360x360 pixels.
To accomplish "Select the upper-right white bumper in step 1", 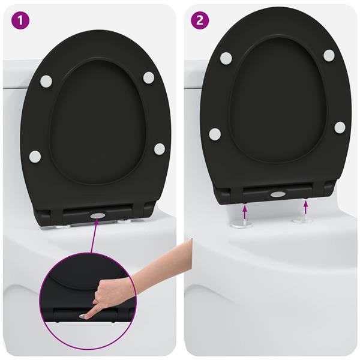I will (148, 77).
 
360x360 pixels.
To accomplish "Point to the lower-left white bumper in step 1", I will (35, 157).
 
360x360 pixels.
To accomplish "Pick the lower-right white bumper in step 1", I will (159, 148).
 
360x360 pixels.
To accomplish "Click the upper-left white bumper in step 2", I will (226, 58).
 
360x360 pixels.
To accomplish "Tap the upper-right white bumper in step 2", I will (329, 55).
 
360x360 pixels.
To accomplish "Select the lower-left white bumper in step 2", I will (215, 134).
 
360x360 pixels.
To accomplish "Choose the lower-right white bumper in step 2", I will (340, 127).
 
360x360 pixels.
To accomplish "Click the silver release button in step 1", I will (97, 214).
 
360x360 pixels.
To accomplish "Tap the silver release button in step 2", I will (277, 194).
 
